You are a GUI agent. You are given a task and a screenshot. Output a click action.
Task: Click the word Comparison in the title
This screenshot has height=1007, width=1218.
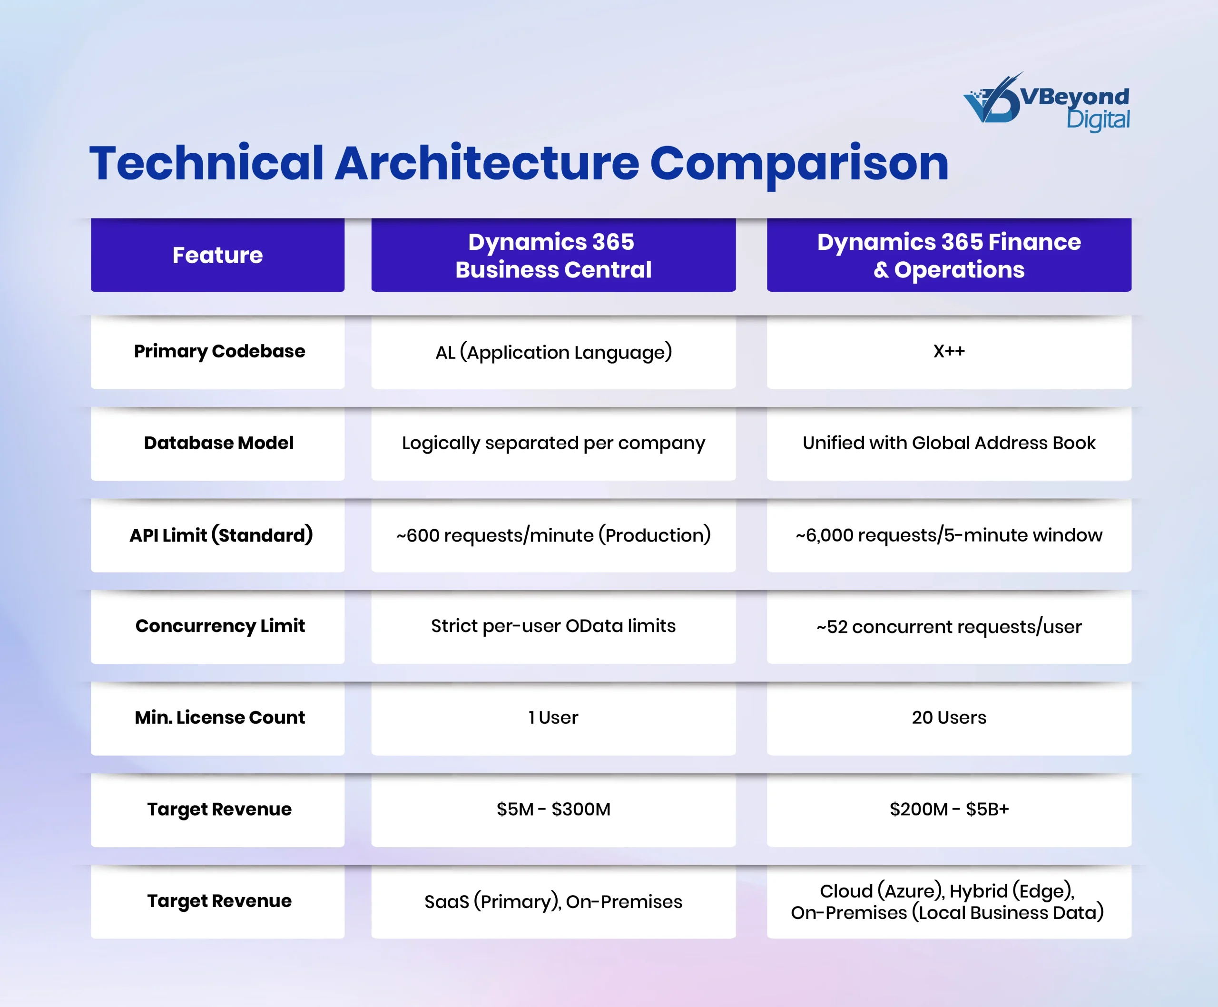point(799,165)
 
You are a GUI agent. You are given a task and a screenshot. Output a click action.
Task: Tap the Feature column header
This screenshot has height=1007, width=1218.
point(217,255)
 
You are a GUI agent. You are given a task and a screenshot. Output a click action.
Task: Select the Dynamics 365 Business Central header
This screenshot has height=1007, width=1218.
point(553,255)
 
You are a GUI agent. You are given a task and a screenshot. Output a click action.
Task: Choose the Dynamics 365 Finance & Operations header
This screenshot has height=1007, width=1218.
point(949,255)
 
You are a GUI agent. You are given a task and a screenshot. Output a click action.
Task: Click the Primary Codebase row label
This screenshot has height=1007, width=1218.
point(219,352)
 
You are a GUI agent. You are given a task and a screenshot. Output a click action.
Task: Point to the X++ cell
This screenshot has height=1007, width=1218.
point(949,352)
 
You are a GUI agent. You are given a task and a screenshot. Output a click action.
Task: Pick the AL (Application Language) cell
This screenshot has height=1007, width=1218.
point(553,352)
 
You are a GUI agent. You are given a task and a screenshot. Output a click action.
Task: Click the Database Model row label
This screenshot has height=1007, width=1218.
point(219,443)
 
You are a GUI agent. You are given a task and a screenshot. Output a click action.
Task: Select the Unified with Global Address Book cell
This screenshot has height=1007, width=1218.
point(949,444)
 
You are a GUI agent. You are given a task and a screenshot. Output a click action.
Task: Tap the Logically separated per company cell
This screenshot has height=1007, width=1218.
point(553,444)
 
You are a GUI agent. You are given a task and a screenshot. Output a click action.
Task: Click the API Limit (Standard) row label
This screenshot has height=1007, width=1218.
point(221,535)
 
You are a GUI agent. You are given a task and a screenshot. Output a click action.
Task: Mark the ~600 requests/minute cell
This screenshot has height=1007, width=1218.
point(553,535)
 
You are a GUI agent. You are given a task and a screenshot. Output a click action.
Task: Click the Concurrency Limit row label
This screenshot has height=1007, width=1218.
point(220,626)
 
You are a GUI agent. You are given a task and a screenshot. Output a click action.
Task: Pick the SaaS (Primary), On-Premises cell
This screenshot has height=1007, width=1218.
point(553,902)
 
